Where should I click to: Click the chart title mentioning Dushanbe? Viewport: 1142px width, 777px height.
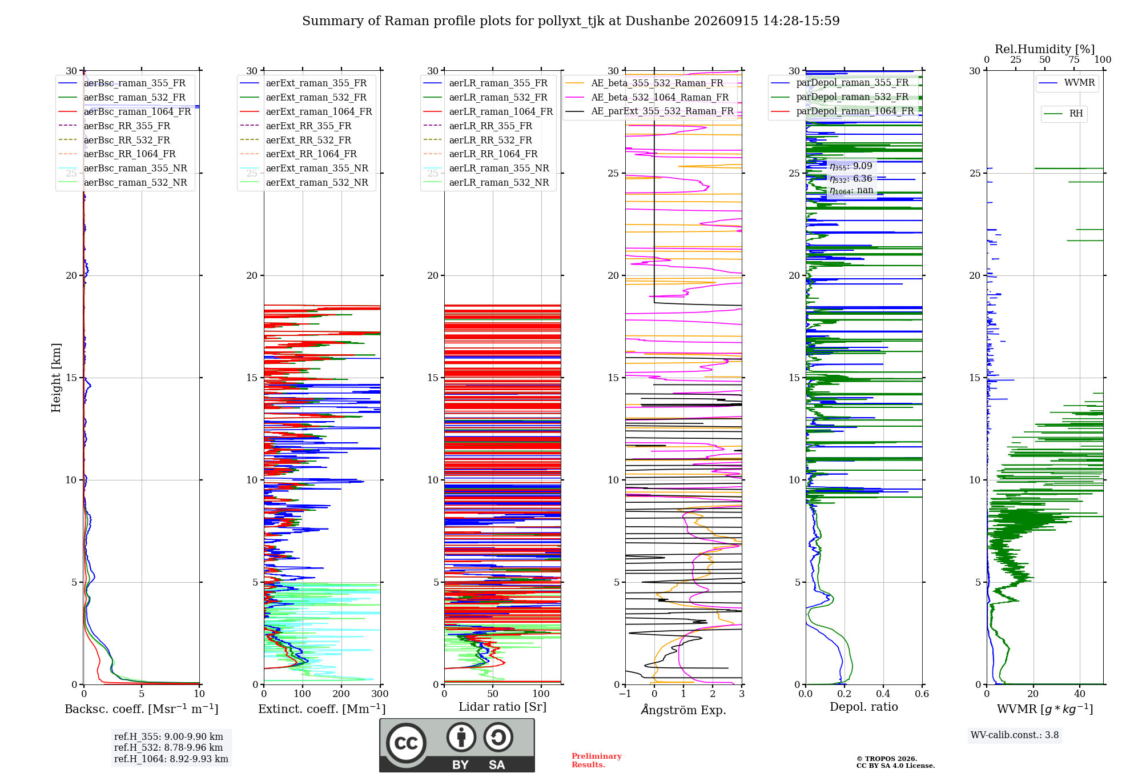pyautogui.click(x=571, y=21)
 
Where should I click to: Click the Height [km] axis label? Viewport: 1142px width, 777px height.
pyautogui.click(x=56, y=378)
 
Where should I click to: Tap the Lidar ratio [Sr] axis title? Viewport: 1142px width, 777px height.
pyautogui.click(x=502, y=707)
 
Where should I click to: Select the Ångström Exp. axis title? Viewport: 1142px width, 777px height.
pyautogui.click(x=683, y=710)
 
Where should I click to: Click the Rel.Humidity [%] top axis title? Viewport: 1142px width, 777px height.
pyautogui.click(x=1045, y=49)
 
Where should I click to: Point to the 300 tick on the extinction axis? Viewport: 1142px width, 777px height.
pyautogui.click(x=380, y=694)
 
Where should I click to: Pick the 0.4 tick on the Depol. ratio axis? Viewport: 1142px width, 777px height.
pyautogui.click(x=883, y=694)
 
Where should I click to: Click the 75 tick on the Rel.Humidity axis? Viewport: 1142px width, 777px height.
pyautogui.click(x=1074, y=60)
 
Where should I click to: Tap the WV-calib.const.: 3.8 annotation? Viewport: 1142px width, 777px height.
pyautogui.click(x=1015, y=735)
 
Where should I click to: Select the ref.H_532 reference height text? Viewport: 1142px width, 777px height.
pyautogui.click(x=168, y=747)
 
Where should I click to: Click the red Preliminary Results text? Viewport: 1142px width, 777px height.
pyautogui.click(x=597, y=760)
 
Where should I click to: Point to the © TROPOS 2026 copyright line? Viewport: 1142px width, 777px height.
pyautogui.click(x=887, y=759)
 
